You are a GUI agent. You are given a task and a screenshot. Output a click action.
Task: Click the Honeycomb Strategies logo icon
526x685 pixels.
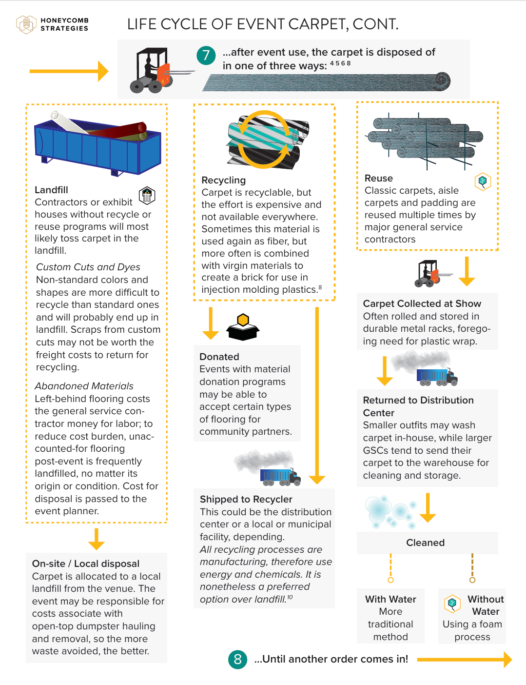[x=26, y=24]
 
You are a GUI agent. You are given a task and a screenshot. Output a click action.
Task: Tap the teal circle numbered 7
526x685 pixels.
[x=206, y=56]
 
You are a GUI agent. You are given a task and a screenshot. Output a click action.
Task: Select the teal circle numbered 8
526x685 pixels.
[x=237, y=659]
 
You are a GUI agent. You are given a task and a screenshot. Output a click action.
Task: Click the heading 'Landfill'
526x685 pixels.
[x=51, y=190]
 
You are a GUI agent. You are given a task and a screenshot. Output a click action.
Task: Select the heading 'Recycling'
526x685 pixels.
[x=223, y=180]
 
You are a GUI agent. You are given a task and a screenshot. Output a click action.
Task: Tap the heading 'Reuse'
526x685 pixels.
[x=378, y=178]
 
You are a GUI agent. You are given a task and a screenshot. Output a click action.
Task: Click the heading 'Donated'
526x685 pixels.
[x=219, y=357]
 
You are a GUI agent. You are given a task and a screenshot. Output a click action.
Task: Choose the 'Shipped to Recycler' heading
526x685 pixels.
[x=246, y=499]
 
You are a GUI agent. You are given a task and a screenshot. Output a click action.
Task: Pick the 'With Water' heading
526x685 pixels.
[x=390, y=599]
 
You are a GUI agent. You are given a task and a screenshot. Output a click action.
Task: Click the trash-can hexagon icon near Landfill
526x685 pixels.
[x=147, y=195]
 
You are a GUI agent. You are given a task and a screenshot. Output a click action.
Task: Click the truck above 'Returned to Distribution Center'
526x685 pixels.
[x=437, y=376]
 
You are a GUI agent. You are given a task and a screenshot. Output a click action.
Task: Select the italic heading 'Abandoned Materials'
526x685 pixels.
[x=84, y=386]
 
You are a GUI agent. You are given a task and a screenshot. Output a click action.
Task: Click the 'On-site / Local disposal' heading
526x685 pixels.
[x=86, y=564]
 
